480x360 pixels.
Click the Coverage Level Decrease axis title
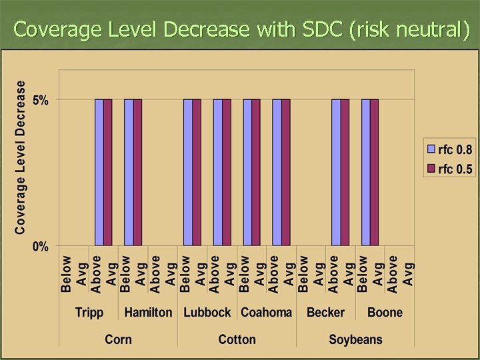click(x=21, y=157)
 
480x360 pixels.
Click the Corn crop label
click(x=118, y=339)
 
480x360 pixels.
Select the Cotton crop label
click(x=237, y=339)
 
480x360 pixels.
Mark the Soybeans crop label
click(x=355, y=339)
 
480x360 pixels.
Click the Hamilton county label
click(x=148, y=312)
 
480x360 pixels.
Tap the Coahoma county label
click(x=266, y=312)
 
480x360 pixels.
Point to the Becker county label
click(x=325, y=312)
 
